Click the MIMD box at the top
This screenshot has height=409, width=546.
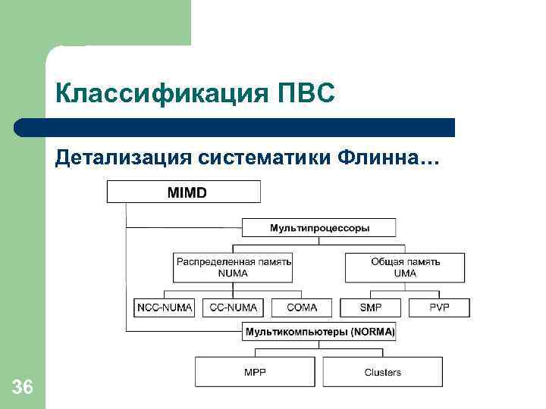click(x=184, y=192)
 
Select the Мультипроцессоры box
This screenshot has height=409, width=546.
click(x=319, y=227)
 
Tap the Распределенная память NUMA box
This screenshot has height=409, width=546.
click(x=233, y=267)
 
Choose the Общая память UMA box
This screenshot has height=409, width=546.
click(x=405, y=267)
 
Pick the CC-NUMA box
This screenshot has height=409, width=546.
click(x=233, y=308)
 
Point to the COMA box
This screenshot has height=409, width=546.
click(x=302, y=308)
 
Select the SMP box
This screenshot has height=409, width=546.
click(x=370, y=308)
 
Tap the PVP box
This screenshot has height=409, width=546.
click(x=439, y=308)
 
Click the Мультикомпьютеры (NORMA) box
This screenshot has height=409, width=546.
click(x=319, y=332)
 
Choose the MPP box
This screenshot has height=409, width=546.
click(x=255, y=372)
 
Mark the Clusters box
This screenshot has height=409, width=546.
click(x=382, y=372)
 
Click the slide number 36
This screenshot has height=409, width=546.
click(x=23, y=389)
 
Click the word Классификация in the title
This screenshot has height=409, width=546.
click(x=155, y=94)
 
